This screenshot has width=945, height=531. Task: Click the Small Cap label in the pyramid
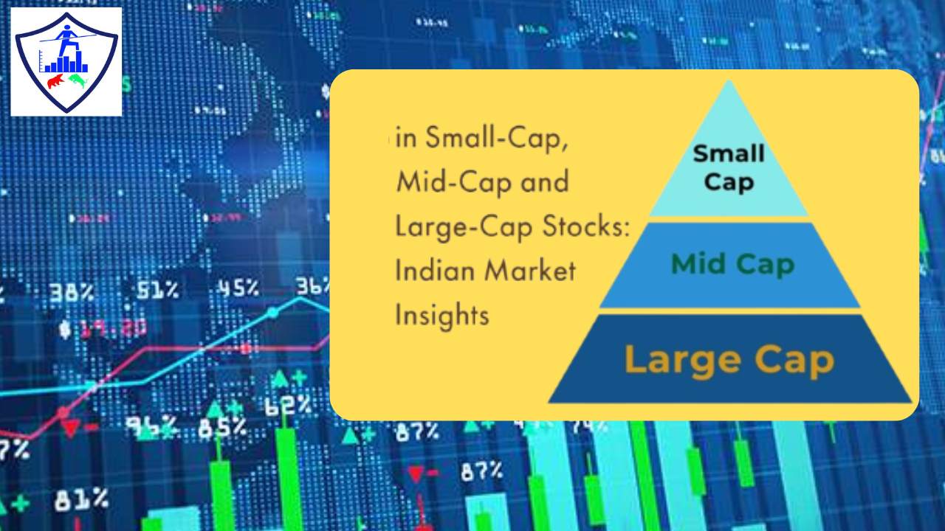tap(729, 167)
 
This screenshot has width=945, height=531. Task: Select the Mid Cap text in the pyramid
tap(733, 264)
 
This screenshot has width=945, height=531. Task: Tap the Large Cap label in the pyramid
tap(729, 360)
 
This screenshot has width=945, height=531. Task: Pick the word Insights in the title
tap(442, 316)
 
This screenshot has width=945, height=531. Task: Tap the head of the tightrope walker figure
tap(69, 31)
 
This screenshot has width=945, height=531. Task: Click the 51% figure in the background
tap(157, 290)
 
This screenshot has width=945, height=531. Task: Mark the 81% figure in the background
tap(81, 501)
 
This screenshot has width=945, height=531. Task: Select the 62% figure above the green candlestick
tap(289, 405)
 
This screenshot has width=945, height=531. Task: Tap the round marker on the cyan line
tap(272, 313)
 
